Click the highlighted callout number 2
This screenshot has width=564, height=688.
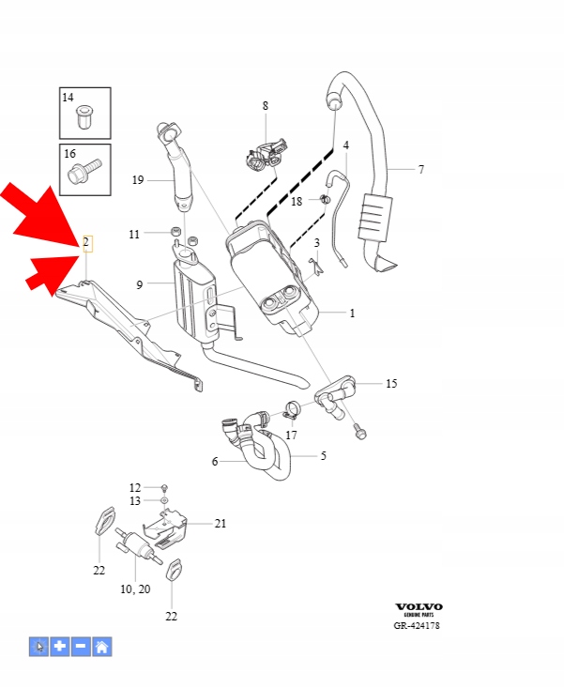coord(85,243)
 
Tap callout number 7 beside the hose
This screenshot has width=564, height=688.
coord(420,170)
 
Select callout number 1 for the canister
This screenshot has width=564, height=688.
coord(352,313)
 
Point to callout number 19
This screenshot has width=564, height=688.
coord(137,180)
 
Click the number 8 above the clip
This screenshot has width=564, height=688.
coord(266,106)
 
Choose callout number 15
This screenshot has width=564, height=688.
coord(391,383)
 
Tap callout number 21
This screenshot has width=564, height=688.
coord(221,524)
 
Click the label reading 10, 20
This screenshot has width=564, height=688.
coord(135,589)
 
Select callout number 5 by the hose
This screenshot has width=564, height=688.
coord(324,456)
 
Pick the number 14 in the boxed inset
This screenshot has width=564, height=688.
coord(69,98)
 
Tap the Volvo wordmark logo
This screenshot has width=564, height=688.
coord(419,607)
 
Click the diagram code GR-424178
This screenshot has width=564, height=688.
coord(419,626)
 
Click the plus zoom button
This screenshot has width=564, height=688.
coord(60,646)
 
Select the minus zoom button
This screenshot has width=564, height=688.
coord(81,646)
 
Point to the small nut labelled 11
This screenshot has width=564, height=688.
coord(175,233)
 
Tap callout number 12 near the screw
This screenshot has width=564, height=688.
coord(135,488)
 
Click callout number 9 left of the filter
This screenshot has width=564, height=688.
coord(139,284)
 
